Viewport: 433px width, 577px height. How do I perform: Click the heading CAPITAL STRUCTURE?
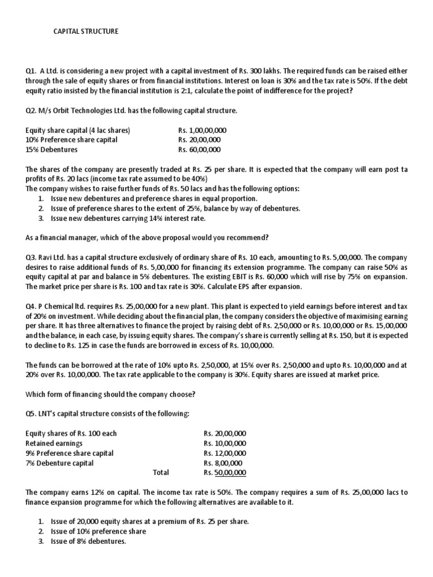point(86,32)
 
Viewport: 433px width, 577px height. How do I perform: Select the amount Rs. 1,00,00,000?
point(202,130)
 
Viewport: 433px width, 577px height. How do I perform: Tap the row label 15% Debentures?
point(52,150)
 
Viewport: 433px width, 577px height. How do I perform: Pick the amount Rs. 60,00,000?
point(199,150)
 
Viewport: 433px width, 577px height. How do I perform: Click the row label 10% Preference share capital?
point(72,140)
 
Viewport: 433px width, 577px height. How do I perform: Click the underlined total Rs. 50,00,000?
point(225,473)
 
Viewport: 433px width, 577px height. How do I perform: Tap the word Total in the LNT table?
point(161,473)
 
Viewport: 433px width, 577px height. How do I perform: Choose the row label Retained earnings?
point(54,443)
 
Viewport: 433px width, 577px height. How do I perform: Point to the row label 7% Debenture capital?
point(60,463)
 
